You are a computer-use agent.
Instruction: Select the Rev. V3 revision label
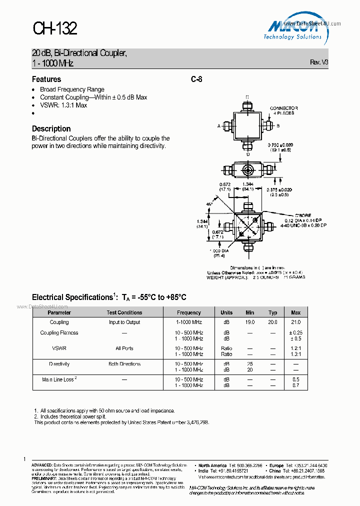(x=319, y=62)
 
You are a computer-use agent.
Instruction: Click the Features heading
(x=46, y=79)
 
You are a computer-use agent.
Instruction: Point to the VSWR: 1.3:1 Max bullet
(x=63, y=105)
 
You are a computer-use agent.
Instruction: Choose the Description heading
(x=51, y=128)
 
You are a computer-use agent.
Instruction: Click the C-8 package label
(x=196, y=79)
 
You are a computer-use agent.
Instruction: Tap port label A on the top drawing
(x=219, y=126)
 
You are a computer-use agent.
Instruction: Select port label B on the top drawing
(x=278, y=126)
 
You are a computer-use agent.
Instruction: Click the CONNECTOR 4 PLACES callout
(x=283, y=110)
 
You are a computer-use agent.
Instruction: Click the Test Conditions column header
(x=124, y=312)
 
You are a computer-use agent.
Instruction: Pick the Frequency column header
(x=189, y=312)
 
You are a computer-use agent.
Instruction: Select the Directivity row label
(x=59, y=364)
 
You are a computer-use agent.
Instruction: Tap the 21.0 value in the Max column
(x=296, y=322)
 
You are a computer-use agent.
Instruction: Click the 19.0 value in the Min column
(x=250, y=322)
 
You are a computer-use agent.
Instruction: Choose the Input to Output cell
(x=124, y=322)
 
